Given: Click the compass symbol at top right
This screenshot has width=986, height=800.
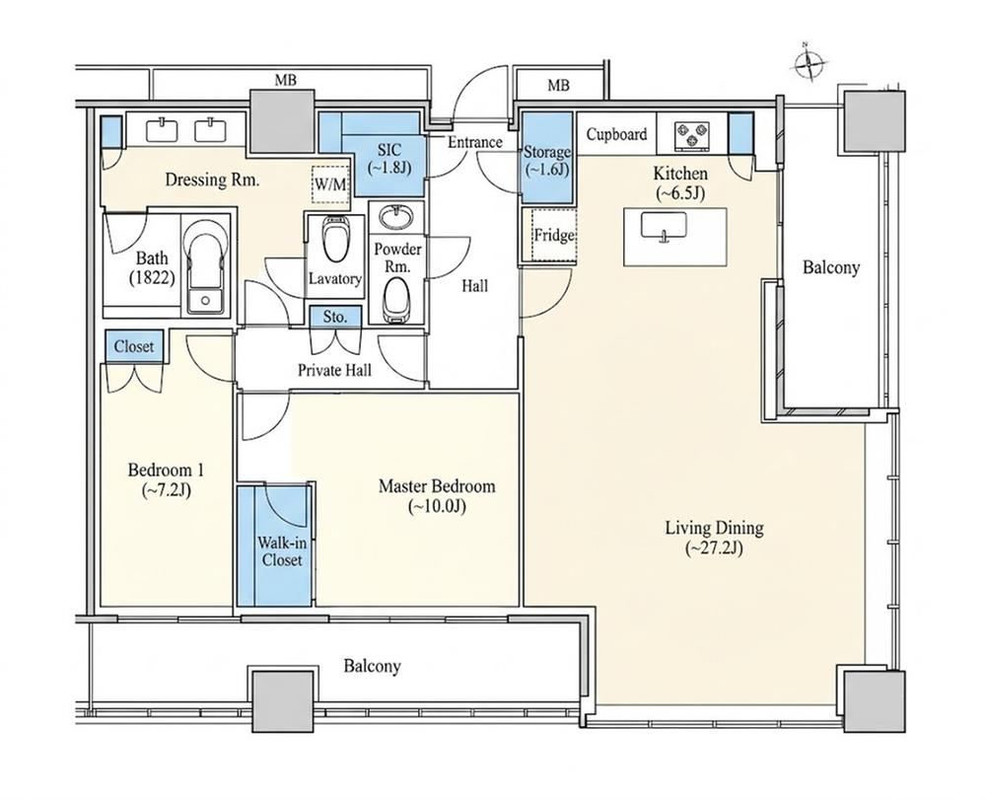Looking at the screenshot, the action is pyautogui.click(x=809, y=62).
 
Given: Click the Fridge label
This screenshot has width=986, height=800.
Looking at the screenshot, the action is pyautogui.click(x=554, y=236).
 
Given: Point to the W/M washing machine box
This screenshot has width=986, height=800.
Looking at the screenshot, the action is pyautogui.click(x=330, y=184).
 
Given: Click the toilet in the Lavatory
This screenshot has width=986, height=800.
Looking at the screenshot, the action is pyautogui.click(x=334, y=239).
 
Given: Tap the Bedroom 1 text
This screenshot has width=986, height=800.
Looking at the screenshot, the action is pyautogui.click(x=166, y=470).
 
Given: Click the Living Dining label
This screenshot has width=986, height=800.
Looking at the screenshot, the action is pyautogui.click(x=714, y=527).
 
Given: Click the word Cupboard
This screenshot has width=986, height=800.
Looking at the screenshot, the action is pyautogui.click(x=616, y=134).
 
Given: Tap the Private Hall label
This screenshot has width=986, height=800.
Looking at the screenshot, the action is pyautogui.click(x=334, y=370).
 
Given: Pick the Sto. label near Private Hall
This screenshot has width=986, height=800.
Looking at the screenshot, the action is pyautogui.click(x=335, y=317).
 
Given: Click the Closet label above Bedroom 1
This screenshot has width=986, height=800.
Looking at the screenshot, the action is pyautogui.click(x=134, y=346).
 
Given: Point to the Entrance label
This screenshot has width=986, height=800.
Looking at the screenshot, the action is pyautogui.click(x=475, y=142).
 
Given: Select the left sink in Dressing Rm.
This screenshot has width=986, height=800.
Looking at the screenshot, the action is pyautogui.click(x=162, y=130).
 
